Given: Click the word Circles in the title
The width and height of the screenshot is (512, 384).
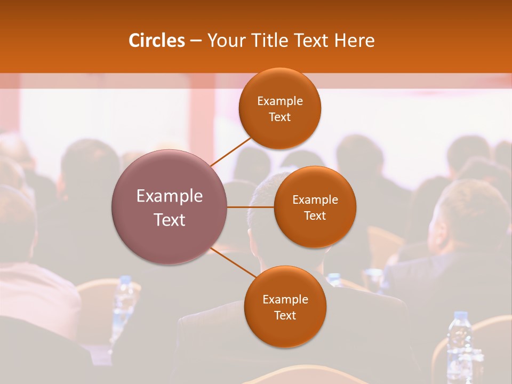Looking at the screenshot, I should (156, 41).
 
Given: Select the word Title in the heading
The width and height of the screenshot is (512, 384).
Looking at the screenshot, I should (274, 41).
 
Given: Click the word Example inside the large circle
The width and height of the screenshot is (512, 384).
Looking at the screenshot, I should (170, 196).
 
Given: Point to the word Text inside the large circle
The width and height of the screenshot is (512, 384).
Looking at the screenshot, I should (170, 220).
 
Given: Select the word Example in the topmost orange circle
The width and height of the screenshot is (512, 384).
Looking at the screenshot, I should (279, 101).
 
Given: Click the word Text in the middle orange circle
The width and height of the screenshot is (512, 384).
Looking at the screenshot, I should (315, 216).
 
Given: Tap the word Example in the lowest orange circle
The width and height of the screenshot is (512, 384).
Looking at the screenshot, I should (285, 300).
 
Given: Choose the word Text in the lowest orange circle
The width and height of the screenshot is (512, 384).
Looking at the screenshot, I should (285, 316).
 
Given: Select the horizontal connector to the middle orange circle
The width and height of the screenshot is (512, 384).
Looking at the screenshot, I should (251, 207).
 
